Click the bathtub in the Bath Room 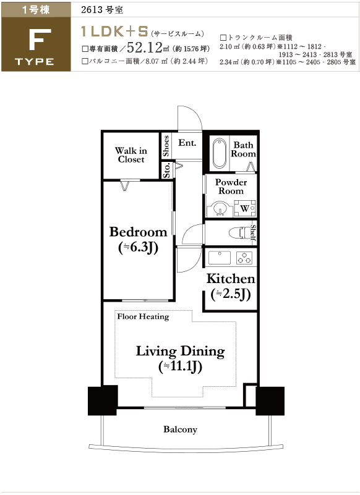pyautogui.click(x=219, y=154)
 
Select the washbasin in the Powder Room pyautogui.click(x=219, y=209)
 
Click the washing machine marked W pyautogui.click(x=244, y=208)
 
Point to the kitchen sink pyautogui.click(x=220, y=257)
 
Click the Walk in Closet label pyautogui.click(x=131, y=154)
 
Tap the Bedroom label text pyautogui.click(x=138, y=232)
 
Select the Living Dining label pyautogui.click(x=180, y=352)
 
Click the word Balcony pyautogui.click(x=180, y=429)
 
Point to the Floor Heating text pyautogui.click(x=143, y=316)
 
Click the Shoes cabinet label pyautogui.click(x=166, y=146)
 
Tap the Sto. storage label pyautogui.click(x=167, y=171)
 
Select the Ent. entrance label pyautogui.click(x=187, y=143)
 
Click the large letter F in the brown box pyautogui.click(x=40, y=40)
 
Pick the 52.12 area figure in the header pyautogui.click(x=145, y=48)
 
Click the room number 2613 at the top pyautogui.click(x=90, y=10)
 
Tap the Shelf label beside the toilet pyautogui.click(x=253, y=232)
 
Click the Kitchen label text pyautogui.click(x=231, y=279)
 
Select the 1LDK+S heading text pyautogui.click(x=114, y=32)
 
